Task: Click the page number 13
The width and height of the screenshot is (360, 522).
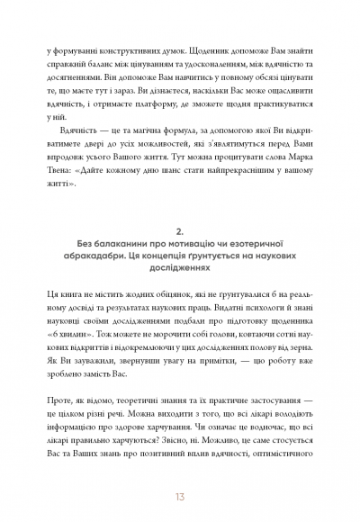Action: [x=180, y=495]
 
